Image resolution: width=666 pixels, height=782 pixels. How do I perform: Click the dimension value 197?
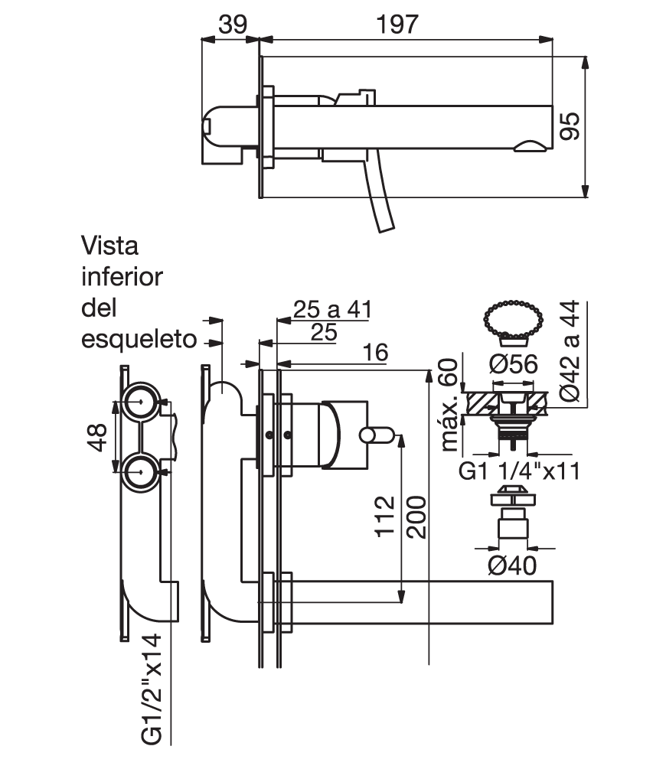tap(397, 24)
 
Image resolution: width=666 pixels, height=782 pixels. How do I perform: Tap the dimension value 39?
tap(233, 24)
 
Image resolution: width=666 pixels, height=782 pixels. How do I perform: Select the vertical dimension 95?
tap(570, 126)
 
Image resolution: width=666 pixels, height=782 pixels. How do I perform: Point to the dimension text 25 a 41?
tap(332, 309)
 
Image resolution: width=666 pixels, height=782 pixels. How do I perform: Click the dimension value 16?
tap(375, 353)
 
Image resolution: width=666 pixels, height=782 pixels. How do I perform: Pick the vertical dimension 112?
tap(384, 516)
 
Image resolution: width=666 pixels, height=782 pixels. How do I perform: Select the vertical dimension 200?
tap(416, 517)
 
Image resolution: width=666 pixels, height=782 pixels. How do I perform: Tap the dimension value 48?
tap(97, 438)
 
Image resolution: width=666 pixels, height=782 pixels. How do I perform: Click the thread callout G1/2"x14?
tap(151, 689)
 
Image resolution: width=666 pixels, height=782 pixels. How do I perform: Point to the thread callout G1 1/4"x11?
tap(519, 471)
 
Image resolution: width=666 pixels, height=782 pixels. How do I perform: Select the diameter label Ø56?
tap(514, 363)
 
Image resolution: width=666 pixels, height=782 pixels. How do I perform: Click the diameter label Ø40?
tap(512, 565)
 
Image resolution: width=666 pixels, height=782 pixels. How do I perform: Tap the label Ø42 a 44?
tap(570, 350)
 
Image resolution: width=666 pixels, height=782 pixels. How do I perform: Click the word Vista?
tap(109, 246)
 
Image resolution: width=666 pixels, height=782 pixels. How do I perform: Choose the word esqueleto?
tap(139, 339)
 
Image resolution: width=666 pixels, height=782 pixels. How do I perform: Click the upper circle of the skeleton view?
tap(141, 402)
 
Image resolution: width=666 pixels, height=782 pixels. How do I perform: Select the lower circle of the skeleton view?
tap(141, 472)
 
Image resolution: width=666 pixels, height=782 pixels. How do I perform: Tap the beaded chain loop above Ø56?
tap(514, 320)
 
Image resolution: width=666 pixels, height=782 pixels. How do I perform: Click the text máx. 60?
tap(449, 405)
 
